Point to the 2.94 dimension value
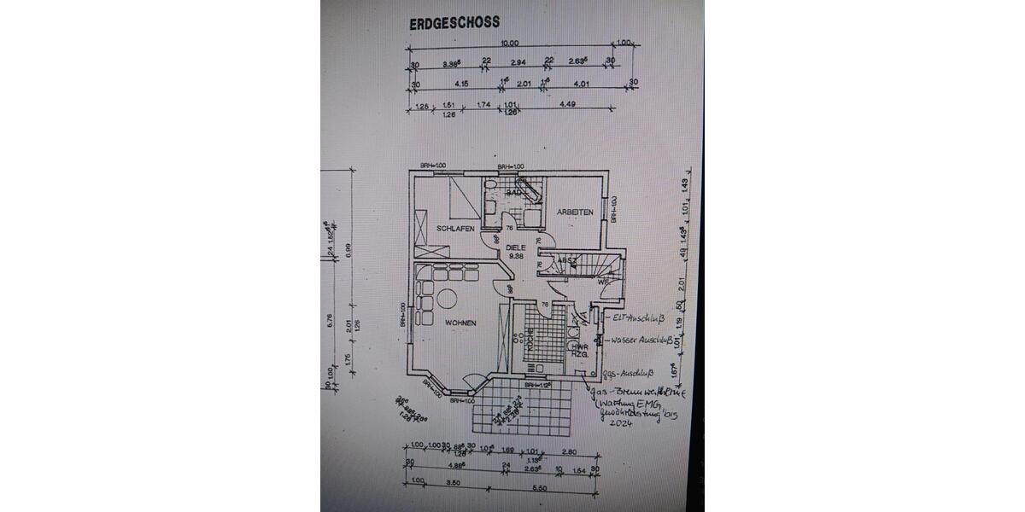[x=518, y=62]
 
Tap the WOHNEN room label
[x=460, y=322]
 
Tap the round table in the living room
[x=446, y=299]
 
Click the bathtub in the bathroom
[x=530, y=189]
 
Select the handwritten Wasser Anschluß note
[x=641, y=340]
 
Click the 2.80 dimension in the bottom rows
[x=571, y=452]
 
